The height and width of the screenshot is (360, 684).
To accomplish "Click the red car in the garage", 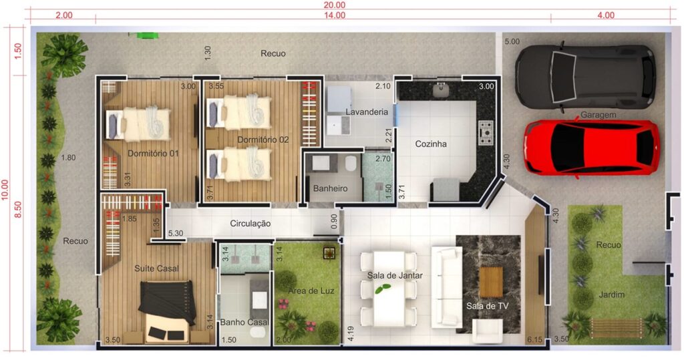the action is [x=592, y=148].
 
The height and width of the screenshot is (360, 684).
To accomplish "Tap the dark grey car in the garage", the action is [x=585, y=76].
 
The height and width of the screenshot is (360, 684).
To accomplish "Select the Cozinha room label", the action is [x=431, y=144].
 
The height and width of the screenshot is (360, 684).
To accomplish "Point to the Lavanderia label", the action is [x=367, y=112].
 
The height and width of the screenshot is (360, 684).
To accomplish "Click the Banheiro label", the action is [x=330, y=188].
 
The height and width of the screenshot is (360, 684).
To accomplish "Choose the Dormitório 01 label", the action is [x=153, y=154].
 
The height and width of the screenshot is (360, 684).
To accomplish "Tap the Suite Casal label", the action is [x=156, y=268].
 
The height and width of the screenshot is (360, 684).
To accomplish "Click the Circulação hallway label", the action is [x=250, y=224].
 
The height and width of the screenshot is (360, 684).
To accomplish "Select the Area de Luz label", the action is [x=311, y=291].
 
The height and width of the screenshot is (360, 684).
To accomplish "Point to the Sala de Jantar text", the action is [x=395, y=275].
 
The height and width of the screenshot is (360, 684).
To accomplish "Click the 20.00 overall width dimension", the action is [x=335, y=5].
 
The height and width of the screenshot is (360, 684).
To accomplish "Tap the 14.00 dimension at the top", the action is [x=335, y=15].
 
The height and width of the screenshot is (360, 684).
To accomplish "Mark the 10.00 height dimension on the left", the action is [x=5, y=190].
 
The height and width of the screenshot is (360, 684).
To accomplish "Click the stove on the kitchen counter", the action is [x=486, y=133].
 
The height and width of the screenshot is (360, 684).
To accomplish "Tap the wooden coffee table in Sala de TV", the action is [x=491, y=283].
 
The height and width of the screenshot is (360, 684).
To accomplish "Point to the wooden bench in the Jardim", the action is [x=616, y=328].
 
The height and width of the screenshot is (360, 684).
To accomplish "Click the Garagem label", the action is [x=598, y=115].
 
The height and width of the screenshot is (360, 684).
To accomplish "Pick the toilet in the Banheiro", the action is [x=351, y=164].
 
